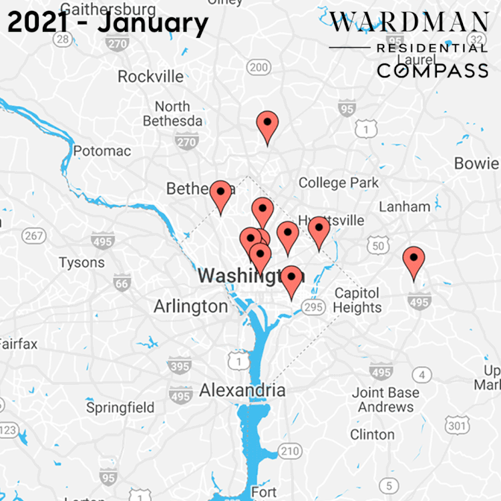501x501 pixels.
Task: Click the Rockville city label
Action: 150,76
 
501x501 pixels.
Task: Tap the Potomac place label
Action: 102,151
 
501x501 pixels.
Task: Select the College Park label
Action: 338,182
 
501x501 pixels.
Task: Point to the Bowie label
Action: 476,163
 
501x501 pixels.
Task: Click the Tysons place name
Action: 81,263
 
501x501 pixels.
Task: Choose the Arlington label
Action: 190,307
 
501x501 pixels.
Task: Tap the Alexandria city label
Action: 242,390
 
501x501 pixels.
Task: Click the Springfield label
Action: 120,407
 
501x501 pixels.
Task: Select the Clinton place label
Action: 372,434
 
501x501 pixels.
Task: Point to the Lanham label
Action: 404,206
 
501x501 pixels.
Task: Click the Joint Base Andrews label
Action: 385,399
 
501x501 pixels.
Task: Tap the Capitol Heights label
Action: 357,301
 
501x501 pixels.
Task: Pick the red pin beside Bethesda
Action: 220,196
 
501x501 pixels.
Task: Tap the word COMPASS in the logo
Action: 432,70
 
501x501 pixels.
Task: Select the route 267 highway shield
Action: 33,235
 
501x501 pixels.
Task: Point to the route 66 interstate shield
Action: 121,284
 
